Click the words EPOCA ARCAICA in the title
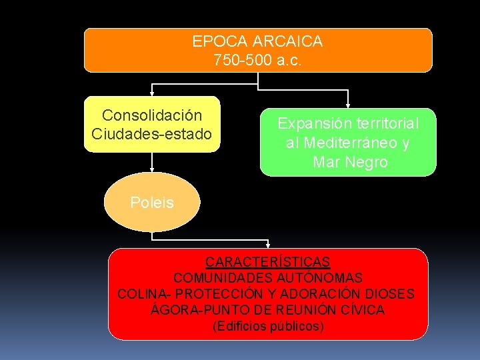coord(257,41)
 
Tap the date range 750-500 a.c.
coord(257,60)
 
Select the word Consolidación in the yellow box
coord(151,116)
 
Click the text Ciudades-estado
coord(151,134)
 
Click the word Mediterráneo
coord(351,143)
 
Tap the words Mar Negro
coord(350,162)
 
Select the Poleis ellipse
coord(152,203)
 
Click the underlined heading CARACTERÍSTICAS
coord(267,261)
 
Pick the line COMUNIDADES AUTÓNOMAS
coord(267,277)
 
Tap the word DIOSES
coord(390,294)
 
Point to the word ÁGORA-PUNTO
coord(190,310)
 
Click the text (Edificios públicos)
coord(267,326)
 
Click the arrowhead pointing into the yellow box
coord(152,93)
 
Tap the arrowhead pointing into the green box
coord(348,105)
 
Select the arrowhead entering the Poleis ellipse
coord(152,171)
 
